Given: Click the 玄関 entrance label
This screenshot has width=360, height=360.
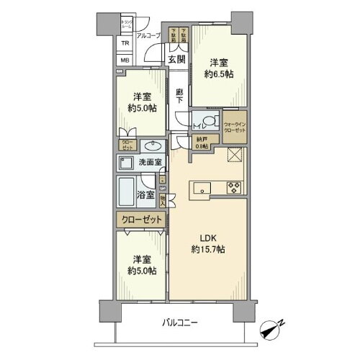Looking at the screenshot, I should (x=178, y=60).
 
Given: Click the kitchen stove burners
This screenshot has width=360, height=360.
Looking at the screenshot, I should (x=235, y=189).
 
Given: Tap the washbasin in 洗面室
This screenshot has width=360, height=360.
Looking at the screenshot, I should (x=137, y=144).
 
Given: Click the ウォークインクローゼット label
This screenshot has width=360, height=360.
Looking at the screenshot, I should (x=235, y=127).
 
